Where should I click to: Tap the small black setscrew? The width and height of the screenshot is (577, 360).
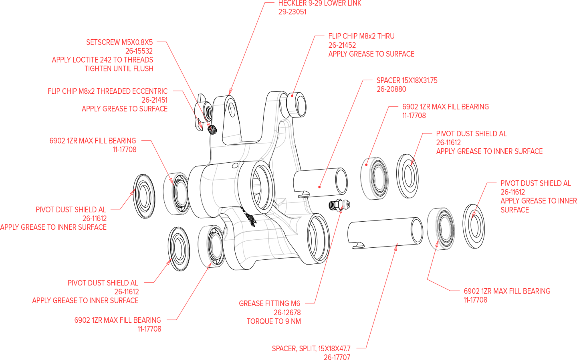coord(212,129)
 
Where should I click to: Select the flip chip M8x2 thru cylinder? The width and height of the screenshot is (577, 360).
coord(296,105)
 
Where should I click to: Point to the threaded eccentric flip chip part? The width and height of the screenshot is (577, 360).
coord(204,112)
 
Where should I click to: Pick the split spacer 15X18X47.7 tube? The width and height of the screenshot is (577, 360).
coord(385,233)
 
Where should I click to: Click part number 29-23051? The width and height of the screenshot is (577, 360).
coord(293,12)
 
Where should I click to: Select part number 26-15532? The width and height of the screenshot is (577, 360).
coord(139,51)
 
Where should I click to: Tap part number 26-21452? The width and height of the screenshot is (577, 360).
coord(342,45)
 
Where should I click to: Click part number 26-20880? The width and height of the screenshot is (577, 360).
coord(391,89)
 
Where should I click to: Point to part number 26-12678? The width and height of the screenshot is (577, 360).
coord(287,312)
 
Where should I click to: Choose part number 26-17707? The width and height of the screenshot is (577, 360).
coord(337,357)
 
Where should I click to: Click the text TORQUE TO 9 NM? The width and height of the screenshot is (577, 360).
coord(274,322)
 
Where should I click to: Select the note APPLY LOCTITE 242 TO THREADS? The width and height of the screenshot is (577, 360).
coord(103,60)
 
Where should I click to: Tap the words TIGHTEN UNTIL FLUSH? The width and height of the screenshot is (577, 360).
coord(119,69)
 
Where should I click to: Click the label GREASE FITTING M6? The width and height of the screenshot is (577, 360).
coord(270,303)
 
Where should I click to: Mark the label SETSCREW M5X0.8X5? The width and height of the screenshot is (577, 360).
coord(119,42)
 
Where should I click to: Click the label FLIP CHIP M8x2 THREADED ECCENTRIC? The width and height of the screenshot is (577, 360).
coord(108,91)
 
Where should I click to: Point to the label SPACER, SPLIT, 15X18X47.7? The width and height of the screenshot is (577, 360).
coord(311,349)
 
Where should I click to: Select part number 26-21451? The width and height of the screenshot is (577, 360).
coord(155,100)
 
